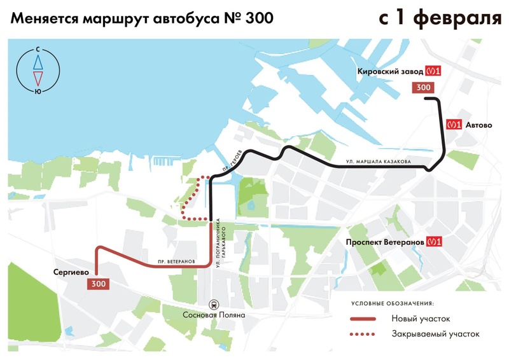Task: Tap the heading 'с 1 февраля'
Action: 440,18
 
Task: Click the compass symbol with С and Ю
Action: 38,70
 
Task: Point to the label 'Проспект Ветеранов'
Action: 384,242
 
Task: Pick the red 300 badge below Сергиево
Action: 99,284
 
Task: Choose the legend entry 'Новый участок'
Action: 421,318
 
